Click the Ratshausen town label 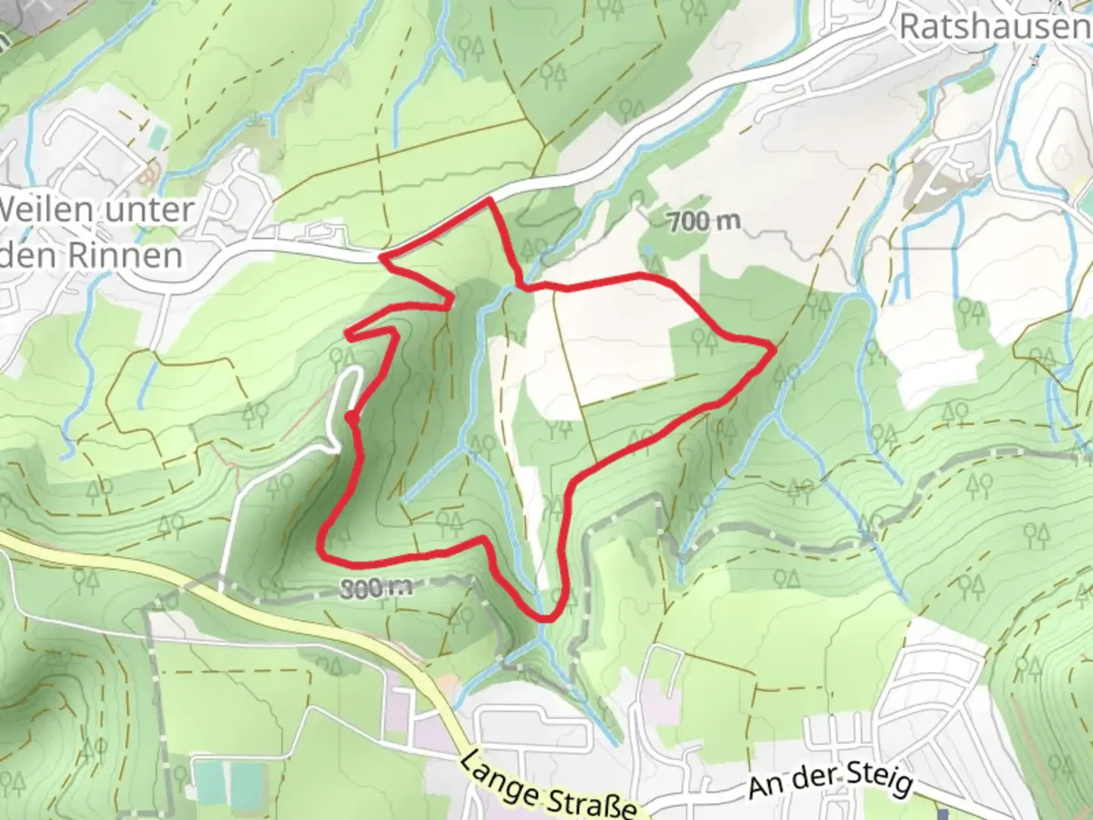coord(995,27)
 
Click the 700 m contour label coord(704,222)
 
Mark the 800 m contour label coord(376,588)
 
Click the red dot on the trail coord(351,417)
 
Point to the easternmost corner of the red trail coord(773,348)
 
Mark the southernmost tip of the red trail coord(545,619)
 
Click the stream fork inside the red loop coord(465,449)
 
